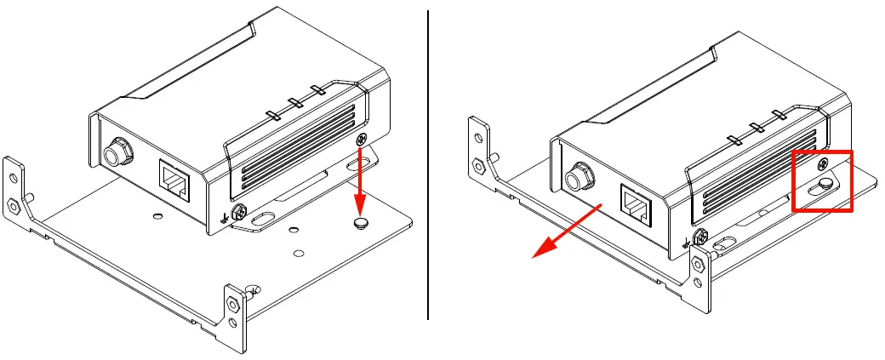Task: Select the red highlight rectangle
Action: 822,180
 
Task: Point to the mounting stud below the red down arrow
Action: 362,223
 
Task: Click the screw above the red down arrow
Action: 363,139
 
